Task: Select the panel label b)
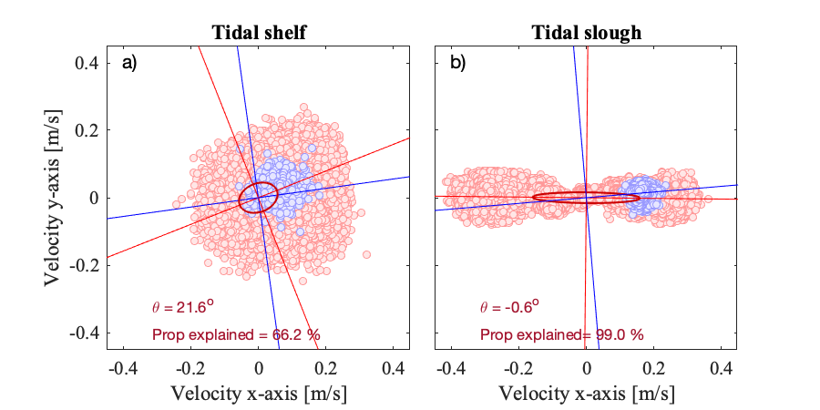point(457,64)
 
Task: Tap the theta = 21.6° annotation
point(183,306)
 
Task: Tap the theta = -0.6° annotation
point(510,306)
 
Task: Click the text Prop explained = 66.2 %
point(236,334)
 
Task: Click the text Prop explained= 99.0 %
point(562,334)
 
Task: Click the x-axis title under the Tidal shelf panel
point(259,393)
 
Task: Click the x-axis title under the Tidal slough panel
point(586,393)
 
